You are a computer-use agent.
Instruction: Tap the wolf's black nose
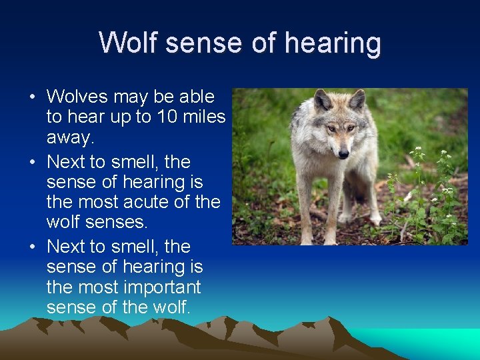[343, 154]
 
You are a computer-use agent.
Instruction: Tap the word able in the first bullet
[197, 97]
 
